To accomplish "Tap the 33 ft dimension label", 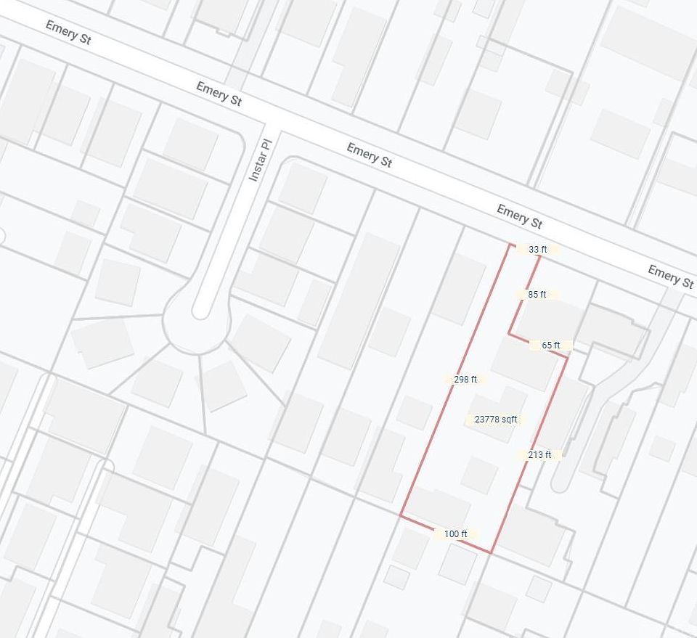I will point(538,250).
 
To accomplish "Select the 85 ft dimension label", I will point(537,295).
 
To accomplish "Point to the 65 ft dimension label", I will point(551,345).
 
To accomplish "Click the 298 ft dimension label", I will point(465,379).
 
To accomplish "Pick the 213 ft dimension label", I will point(539,455).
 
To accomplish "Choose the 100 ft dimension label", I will point(455,534).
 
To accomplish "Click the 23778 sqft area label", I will point(496,420).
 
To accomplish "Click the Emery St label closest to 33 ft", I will point(519,216).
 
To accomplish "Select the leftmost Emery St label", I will point(68,33).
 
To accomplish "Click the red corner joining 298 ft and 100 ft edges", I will point(400,515).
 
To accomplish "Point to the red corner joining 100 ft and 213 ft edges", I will point(492,553).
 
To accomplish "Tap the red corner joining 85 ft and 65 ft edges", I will point(508,335).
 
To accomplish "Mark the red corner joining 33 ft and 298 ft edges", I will point(511,244).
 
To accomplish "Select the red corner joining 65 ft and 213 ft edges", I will point(567,356).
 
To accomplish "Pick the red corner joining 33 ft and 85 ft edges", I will point(540,255).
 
